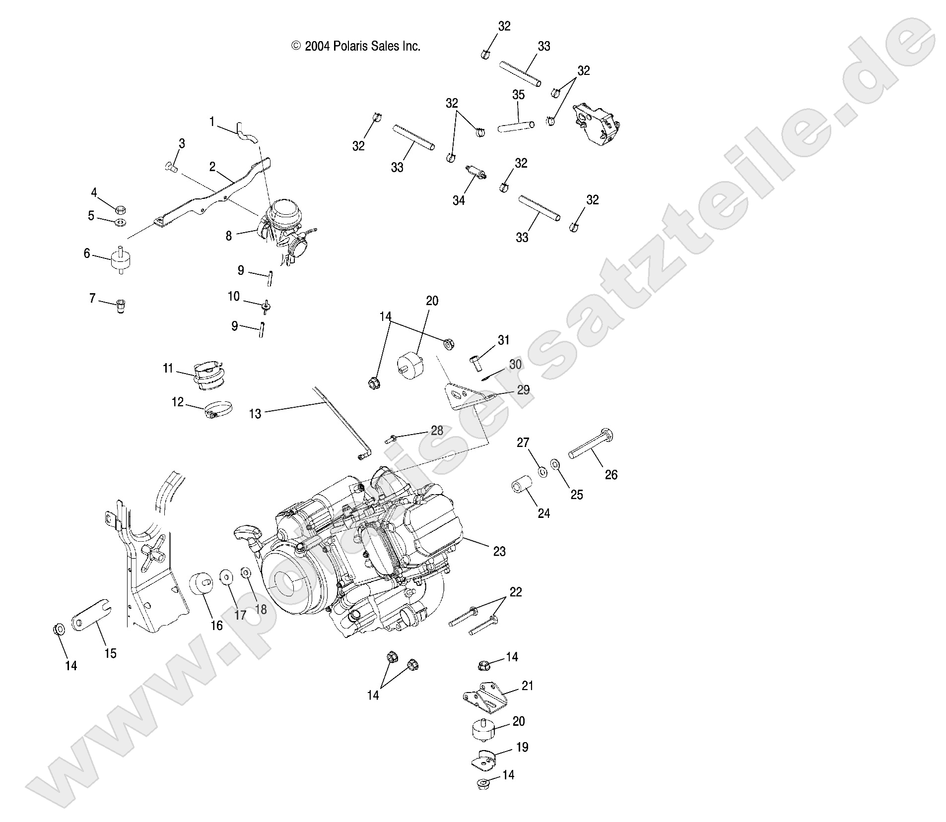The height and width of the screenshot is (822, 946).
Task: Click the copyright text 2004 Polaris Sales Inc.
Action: pyautogui.click(x=355, y=47)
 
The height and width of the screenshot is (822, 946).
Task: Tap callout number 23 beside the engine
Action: pyautogui.click(x=499, y=551)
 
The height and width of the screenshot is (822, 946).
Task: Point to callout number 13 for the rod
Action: pyautogui.click(x=255, y=413)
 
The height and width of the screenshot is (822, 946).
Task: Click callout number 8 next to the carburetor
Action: pyautogui.click(x=228, y=236)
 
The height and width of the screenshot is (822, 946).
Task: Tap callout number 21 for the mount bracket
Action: pyautogui.click(x=527, y=686)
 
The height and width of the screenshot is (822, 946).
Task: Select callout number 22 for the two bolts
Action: pyautogui.click(x=516, y=592)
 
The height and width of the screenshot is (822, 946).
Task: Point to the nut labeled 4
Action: pyautogui.click(x=121, y=209)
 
